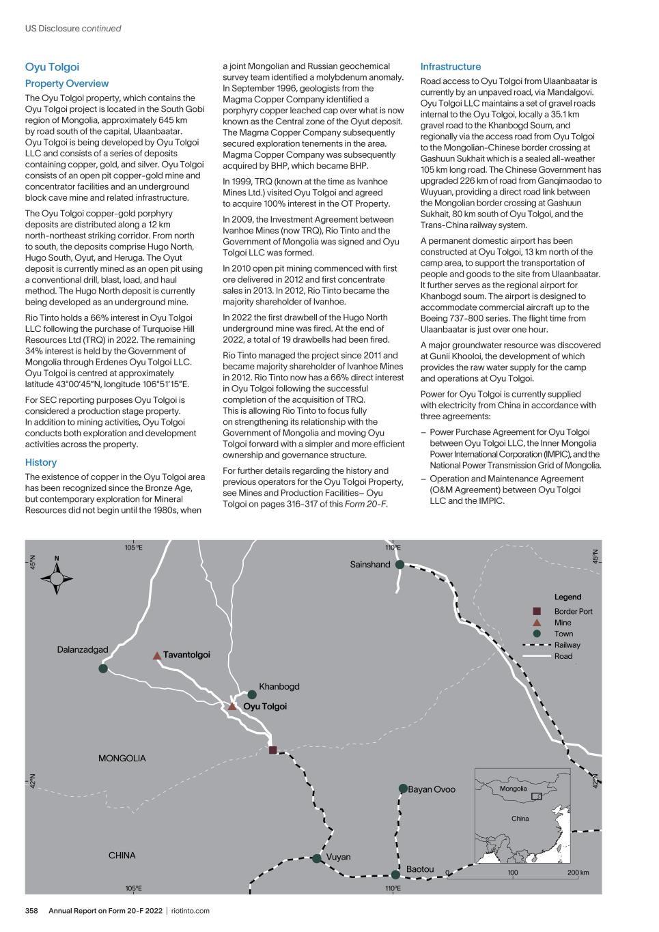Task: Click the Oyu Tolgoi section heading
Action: pyautogui.click(x=52, y=67)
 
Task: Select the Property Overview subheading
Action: pyautogui.click(x=66, y=83)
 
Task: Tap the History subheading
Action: pyautogui.click(x=40, y=462)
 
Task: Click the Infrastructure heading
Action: pyautogui.click(x=450, y=67)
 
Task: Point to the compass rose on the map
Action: pyautogui.click(x=57, y=578)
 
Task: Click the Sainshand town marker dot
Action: pyautogui.click(x=399, y=565)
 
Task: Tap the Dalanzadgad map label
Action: pyautogui.click(x=83, y=650)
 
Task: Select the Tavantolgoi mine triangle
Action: pyautogui.click(x=157, y=655)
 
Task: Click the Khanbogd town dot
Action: pyautogui.click(x=252, y=695)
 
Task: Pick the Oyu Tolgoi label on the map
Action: pyautogui.click(x=265, y=707)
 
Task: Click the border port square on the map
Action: pyautogui.click(x=273, y=750)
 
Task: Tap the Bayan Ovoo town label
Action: pyautogui.click(x=432, y=789)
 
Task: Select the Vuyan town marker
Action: pyautogui.click(x=317, y=858)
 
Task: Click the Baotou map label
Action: pyautogui.click(x=420, y=869)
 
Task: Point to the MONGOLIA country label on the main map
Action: pyautogui.click(x=122, y=759)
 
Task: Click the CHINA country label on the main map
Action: pyautogui.click(x=122, y=856)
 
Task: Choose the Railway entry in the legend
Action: pyautogui.click(x=567, y=645)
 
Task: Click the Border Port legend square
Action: pyautogui.click(x=537, y=611)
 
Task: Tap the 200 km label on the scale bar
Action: pyautogui.click(x=578, y=873)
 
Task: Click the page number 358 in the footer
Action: pyautogui.click(x=31, y=911)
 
